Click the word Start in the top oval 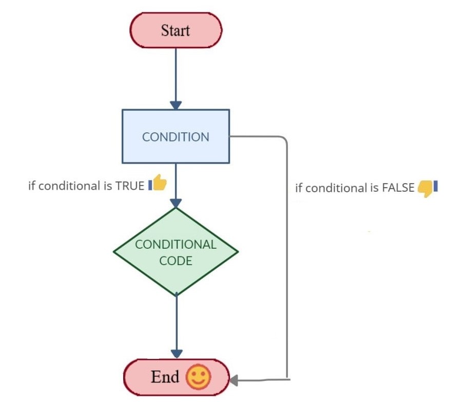[x=176, y=30]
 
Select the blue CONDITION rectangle [x=176, y=136]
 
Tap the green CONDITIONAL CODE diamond [x=176, y=251]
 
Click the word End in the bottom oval [x=165, y=377]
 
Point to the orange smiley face [x=199, y=378]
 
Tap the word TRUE [x=130, y=186]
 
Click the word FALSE [x=398, y=188]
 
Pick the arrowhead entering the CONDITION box [x=176, y=105]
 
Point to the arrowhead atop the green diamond [x=176, y=204]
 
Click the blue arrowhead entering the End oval [x=176, y=354]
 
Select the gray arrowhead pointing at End [x=234, y=380]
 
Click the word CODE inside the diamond [x=176, y=260]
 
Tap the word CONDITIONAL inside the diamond [x=176, y=244]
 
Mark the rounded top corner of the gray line [x=283, y=139]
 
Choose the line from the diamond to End [x=176, y=323]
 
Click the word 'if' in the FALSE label [x=298, y=188]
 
